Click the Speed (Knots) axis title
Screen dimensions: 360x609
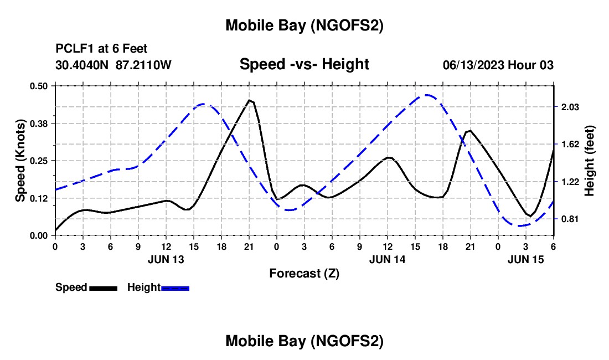[20, 160]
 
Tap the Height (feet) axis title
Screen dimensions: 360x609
[589, 160]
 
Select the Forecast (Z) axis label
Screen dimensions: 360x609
[304, 273]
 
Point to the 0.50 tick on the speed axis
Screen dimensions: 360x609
[39, 86]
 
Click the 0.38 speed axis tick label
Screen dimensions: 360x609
[39, 124]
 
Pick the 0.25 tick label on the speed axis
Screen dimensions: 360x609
[39, 161]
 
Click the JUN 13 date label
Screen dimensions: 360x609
[166, 259]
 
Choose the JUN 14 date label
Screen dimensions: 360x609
[388, 259]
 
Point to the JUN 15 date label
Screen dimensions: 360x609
[526, 259]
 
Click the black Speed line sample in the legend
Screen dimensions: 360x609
[103, 288]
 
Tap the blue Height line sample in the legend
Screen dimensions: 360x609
[175, 288]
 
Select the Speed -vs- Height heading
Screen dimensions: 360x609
[304, 64]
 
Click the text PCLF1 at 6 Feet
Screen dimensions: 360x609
[101, 49]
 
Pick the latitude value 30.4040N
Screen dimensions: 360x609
[82, 65]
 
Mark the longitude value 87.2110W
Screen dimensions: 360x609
[144, 65]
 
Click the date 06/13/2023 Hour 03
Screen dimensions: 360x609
[498, 65]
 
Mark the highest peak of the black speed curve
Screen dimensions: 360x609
[250, 100]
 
